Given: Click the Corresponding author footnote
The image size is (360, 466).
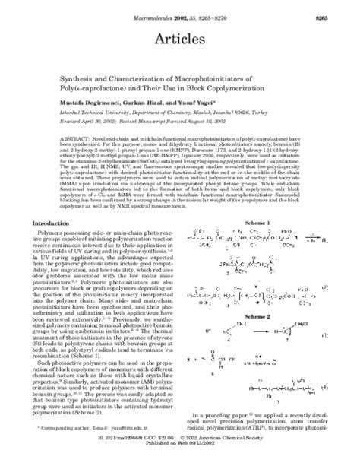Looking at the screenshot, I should pyautogui.click(x=91, y=436).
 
